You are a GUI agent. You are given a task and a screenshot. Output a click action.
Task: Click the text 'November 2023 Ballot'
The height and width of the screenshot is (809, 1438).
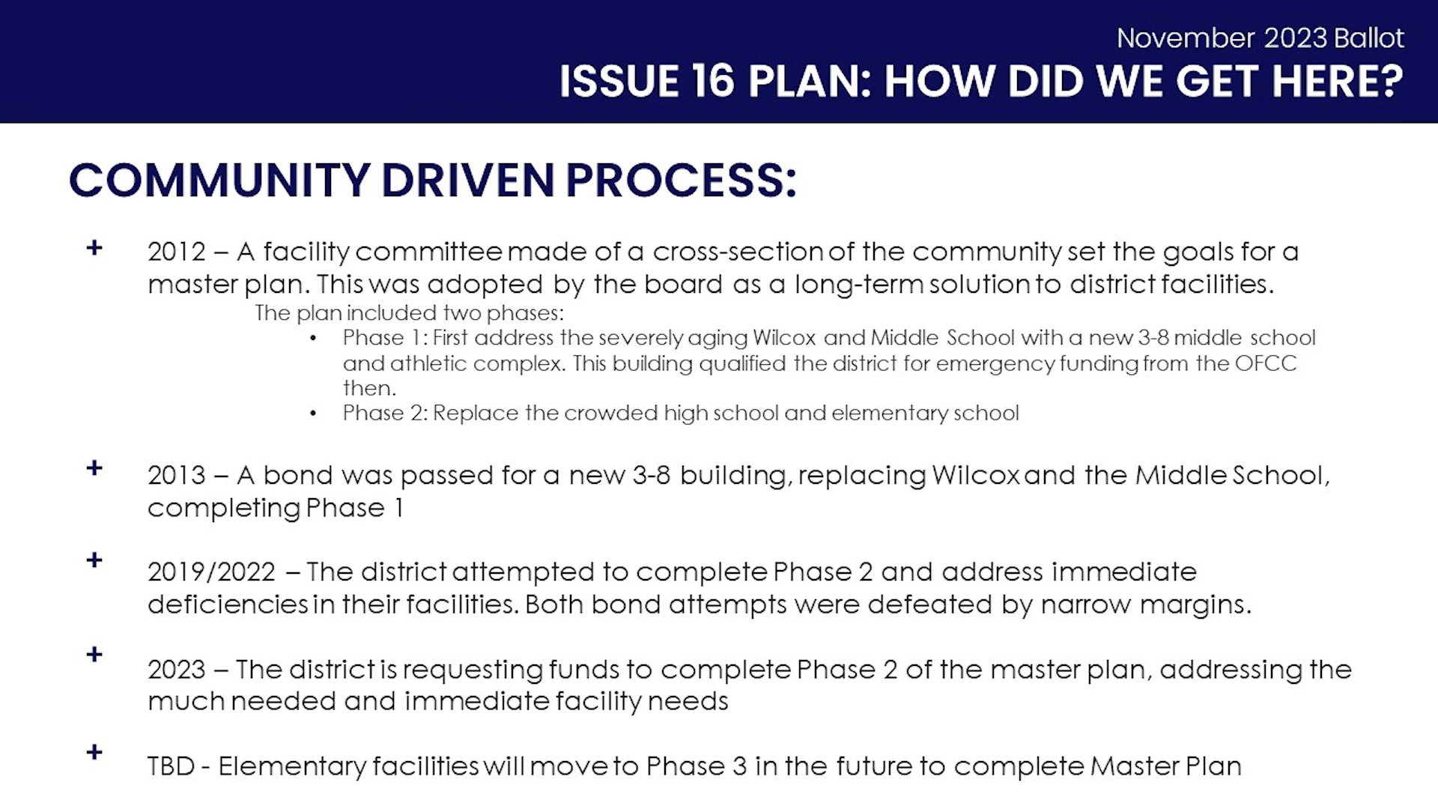tap(1260, 38)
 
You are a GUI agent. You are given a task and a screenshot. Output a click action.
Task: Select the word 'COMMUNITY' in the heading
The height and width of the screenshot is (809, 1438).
tap(219, 181)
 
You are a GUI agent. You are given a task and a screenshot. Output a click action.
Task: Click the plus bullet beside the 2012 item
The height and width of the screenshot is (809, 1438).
tap(94, 247)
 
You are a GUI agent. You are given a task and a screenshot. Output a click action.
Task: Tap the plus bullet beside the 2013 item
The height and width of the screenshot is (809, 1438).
tap(94, 468)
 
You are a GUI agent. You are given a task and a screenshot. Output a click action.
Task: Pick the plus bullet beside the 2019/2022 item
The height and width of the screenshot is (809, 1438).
tap(94, 560)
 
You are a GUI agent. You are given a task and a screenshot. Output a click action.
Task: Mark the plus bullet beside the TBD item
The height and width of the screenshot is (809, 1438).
tap(94, 751)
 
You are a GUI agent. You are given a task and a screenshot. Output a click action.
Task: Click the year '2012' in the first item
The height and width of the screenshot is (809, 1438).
tap(177, 252)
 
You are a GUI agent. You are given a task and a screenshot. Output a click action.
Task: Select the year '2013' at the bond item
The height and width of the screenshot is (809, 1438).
tap(177, 475)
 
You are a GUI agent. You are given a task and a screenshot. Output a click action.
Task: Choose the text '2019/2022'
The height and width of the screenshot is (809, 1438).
tap(212, 572)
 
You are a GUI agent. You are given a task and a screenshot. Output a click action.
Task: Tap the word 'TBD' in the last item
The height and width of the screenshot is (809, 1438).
tap(172, 766)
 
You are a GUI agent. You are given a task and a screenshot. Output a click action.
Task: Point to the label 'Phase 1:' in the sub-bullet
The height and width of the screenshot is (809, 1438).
tap(386, 338)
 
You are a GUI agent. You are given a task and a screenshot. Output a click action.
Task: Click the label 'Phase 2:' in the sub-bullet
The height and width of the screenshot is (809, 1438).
tap(386, 413)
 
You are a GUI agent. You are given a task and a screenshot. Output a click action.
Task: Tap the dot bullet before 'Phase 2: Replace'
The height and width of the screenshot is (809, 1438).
tap(313, 413)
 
